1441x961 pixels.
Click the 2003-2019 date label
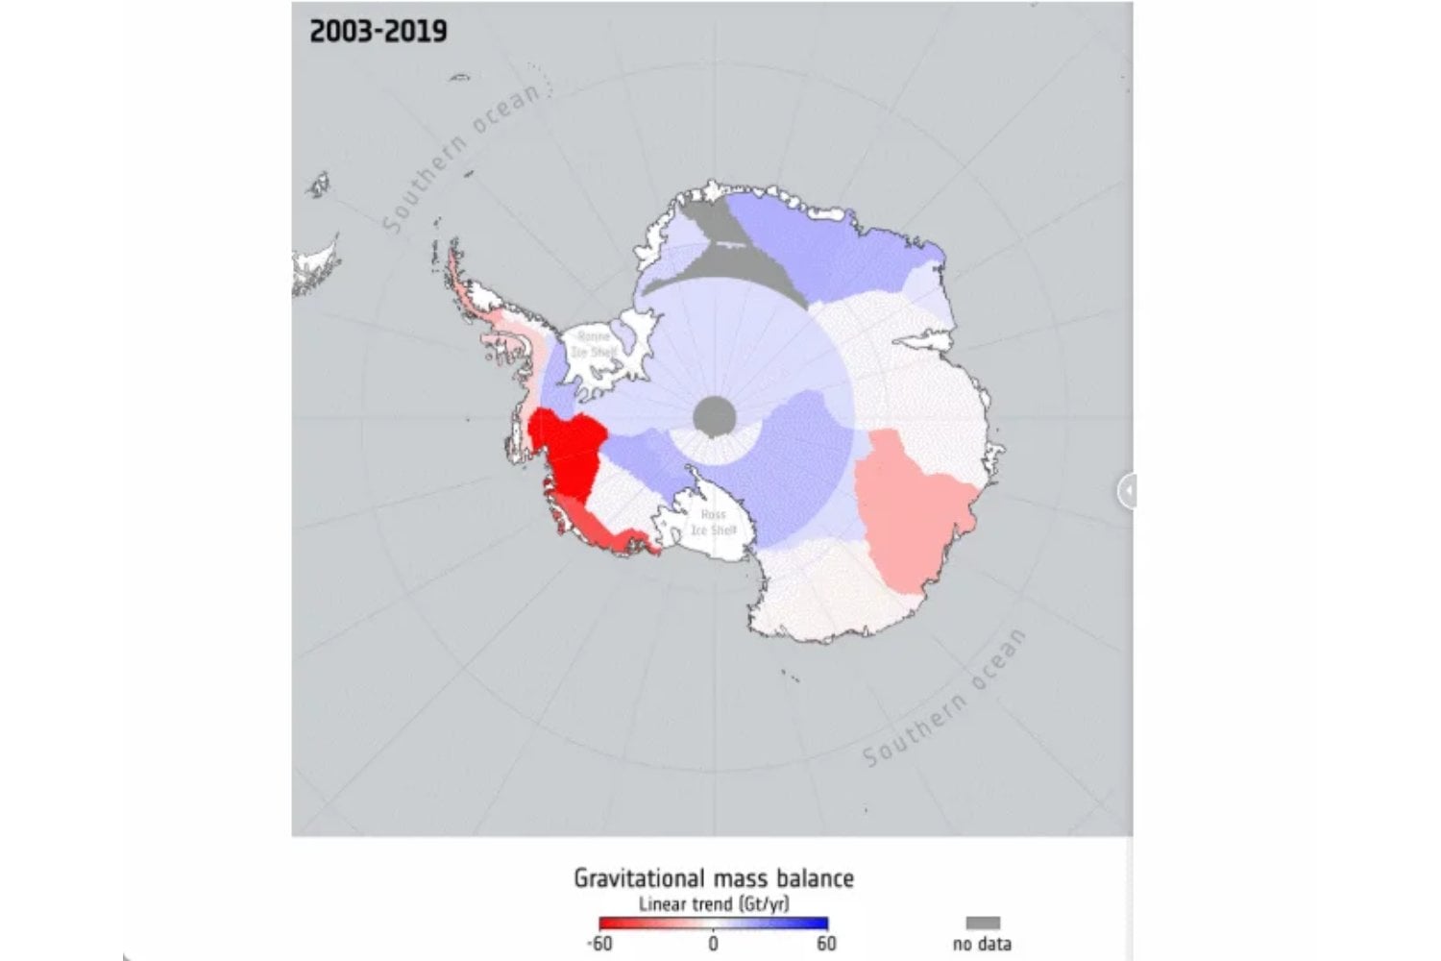tap(378, 31)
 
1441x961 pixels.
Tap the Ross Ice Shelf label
tap(713, 523)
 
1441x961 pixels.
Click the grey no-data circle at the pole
tap(715, 416)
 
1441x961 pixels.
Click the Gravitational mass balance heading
tap(713, 877)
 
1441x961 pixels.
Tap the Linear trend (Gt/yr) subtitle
tap(713, 903)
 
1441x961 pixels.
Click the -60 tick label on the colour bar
tap(599, 944)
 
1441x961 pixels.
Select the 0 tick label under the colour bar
tap(713, 944)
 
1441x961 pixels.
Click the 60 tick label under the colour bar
tap(826, 944)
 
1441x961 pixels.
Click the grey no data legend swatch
tap(982, 923)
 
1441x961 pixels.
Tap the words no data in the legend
tap(982, 944)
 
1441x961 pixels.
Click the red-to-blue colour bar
tap(713, 924)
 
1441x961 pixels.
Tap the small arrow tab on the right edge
tap(1127, 491)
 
